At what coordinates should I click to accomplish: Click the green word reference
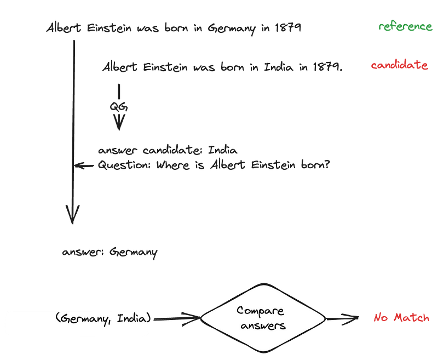click(405, 27)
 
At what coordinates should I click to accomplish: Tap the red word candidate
click(399, 66)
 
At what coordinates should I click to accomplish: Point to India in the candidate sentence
click(279, 67)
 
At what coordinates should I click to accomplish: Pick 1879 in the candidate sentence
click(327, 67)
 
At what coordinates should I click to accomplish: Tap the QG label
click(118, 107)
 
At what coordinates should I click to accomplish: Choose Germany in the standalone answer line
click(133, 253)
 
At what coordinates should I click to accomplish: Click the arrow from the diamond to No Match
click(343, 318)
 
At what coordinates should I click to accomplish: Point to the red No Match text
click(401, 318)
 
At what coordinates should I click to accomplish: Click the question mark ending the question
click(327, 164)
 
